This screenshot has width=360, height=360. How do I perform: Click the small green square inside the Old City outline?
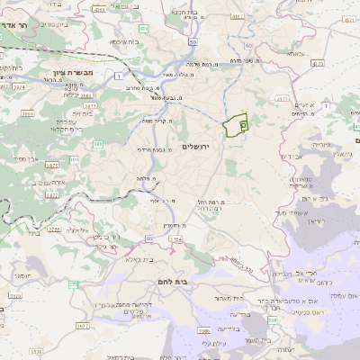(x=244, y=125)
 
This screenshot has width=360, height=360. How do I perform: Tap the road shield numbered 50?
(x=193, y=43)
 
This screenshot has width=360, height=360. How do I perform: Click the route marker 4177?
(x=281, y=99)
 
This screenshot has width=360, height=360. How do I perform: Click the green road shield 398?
(x=273, y=319)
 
